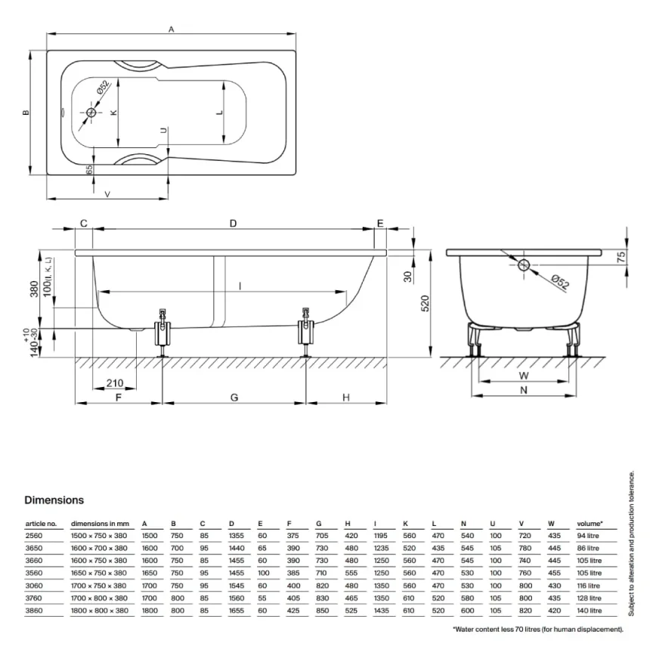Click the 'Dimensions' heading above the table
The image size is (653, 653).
pos(54,500)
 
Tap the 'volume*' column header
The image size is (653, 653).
pos(590,523)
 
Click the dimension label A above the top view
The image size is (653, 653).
pos(172,29)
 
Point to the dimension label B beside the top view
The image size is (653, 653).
pos(26,113)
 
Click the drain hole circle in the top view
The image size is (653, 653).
pos(91,113)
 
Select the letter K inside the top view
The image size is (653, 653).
pos(113,113)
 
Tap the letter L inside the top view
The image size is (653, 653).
pos(219,113)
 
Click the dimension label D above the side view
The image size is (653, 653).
pos(233,223)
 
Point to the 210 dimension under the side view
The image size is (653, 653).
pos(115,382)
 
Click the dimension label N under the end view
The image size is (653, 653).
pos(523,390)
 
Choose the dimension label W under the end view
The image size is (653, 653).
pos(523,375)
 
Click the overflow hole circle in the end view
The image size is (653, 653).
pos(524,265)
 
